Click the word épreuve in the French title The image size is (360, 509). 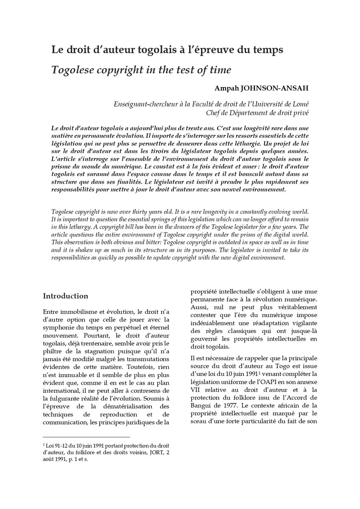click(x=220, y=50)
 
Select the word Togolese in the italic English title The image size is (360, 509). click(x=70, y=69)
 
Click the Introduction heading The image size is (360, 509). click(x=66, y=296)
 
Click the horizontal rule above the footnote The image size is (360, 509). click(x=87, y=436)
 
